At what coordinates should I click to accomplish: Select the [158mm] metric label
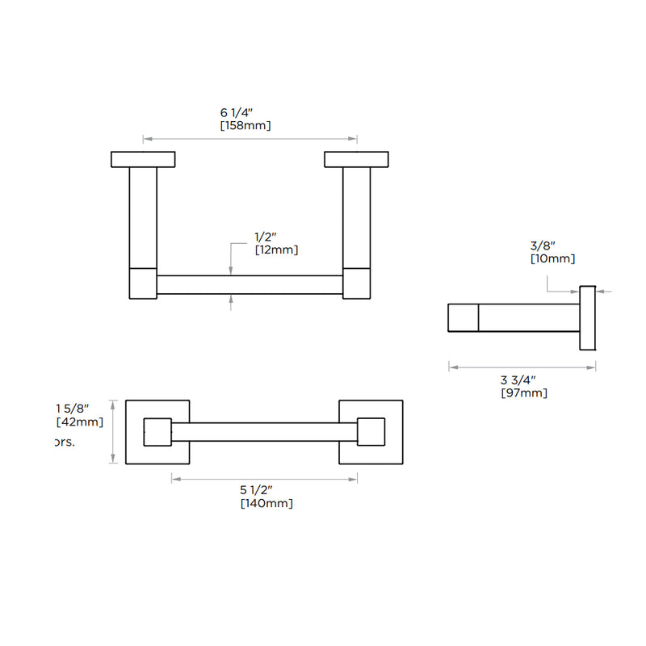pos(245,126)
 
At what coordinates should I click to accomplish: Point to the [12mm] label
pos(276,250)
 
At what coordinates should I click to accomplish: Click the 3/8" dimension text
pos(543,245)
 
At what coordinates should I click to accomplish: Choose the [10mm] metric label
pos(552,259)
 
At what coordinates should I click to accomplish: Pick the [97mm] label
pos(524,393)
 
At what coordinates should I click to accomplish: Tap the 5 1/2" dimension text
pos(257,490)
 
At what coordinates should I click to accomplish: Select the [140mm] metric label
pos(266,504)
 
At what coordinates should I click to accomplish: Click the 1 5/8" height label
pos(72,407)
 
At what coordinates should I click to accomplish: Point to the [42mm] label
pos(80,422)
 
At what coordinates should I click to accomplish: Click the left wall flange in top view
pos(143,159)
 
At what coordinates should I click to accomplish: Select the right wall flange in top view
pos(357,159)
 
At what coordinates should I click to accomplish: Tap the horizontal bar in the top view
pos(250,285)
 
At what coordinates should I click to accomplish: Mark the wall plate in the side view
pos(588,317)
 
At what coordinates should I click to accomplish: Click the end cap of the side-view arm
pos(464,317)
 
